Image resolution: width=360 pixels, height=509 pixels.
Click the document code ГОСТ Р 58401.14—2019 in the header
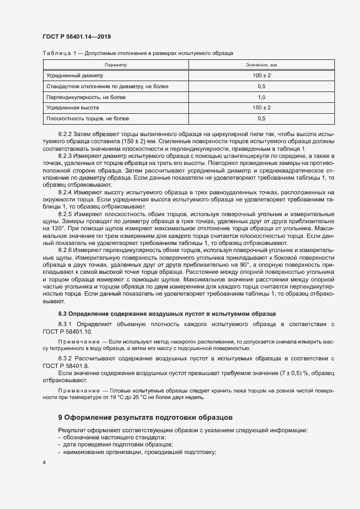tap(77, 36)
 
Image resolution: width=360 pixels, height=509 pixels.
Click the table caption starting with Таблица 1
tap(138, 53)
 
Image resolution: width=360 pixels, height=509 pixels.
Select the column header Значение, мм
tap(261, 65)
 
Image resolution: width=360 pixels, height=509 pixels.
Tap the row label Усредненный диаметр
tap(75, 76)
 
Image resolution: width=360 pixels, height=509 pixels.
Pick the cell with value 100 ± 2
tap(261, 76)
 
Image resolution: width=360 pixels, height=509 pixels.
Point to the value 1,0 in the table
tap(261, 97)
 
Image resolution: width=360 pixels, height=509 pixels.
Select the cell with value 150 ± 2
tap(261, 108)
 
